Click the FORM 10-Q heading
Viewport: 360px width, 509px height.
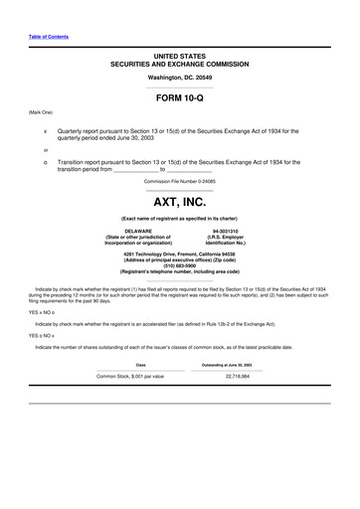click(179, 99)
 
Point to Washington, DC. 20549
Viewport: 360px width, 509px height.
click(179, 77)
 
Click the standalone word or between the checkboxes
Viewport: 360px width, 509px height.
click(45, 149)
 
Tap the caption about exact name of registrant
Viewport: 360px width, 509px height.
click(179, 217)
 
